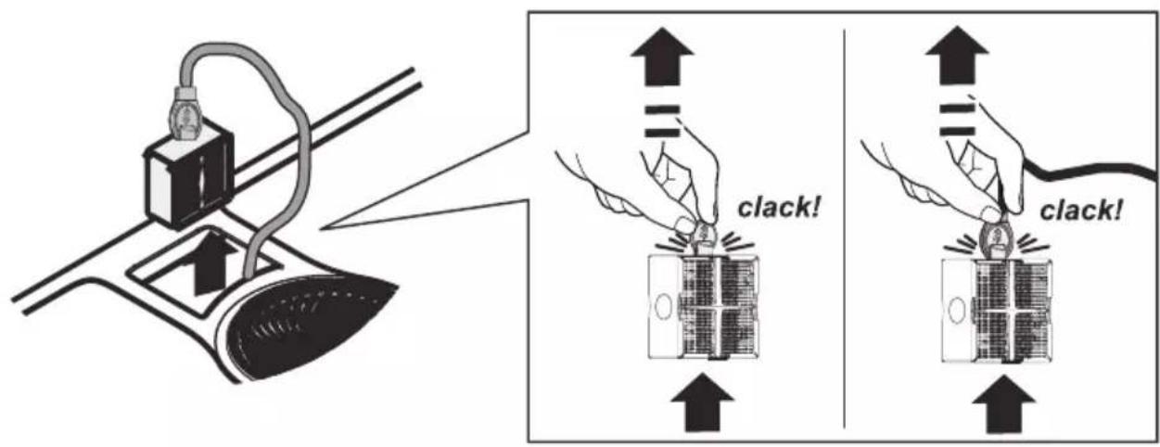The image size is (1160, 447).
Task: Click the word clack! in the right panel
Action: [1081, 211]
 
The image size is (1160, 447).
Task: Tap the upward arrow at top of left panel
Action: [662, 57]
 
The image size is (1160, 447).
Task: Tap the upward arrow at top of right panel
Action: [957, 56]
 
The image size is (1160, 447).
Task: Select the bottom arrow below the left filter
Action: [703, 402]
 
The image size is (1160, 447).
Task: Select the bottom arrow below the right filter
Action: [1003, 404]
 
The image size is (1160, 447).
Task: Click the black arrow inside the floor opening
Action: [213, 264]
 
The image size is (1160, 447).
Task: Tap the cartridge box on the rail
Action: [188, 173]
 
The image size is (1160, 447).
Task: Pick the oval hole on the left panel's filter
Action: [661, 307]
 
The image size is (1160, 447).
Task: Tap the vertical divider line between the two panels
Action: [845, 229]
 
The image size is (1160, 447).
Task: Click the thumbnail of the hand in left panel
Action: [684, 224]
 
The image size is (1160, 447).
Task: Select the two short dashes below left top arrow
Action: [662, 121]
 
